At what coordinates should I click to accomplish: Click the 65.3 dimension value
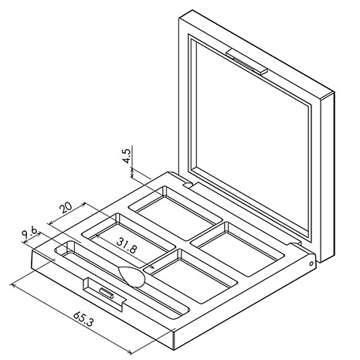click(83, 319)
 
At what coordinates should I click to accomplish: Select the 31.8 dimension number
click(126, 246)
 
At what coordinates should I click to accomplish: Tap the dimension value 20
click(66, 208)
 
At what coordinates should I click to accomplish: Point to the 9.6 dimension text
click(29, 232)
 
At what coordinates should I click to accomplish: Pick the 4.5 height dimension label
click(127, 156)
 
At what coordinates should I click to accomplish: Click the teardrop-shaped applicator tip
click(131, 277)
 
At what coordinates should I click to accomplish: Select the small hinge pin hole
click(311, 263)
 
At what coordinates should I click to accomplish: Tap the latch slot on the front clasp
click(106, 293)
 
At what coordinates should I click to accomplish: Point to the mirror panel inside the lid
click(252, 139)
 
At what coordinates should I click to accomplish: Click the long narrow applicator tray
click(122, 279)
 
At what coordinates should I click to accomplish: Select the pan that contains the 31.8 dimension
click(128, 240)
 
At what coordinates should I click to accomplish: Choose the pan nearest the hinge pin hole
click(237, 249)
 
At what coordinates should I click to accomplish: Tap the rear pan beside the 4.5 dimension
click(175, 213)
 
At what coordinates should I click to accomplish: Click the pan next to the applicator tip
click(190, 276)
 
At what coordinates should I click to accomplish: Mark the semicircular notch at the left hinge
click(188, 185)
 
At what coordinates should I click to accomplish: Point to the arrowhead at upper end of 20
click(83, 204)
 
